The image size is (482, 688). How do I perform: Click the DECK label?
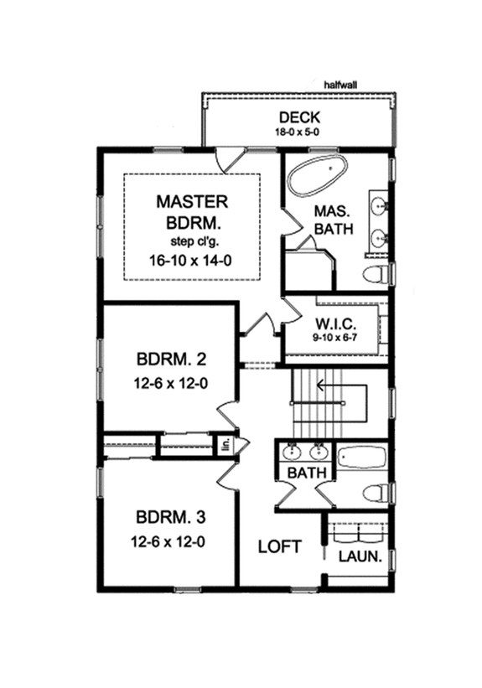click(299, 116)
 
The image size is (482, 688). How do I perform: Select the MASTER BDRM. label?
click(192, 212)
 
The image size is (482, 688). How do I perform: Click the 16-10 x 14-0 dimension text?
click(192, 260)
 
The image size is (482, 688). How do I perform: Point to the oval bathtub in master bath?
click(317, 176)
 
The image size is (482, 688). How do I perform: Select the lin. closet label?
click(225, 445)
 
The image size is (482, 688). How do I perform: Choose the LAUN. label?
click(361, 556)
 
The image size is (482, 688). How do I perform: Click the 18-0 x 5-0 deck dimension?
click(299, 132)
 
